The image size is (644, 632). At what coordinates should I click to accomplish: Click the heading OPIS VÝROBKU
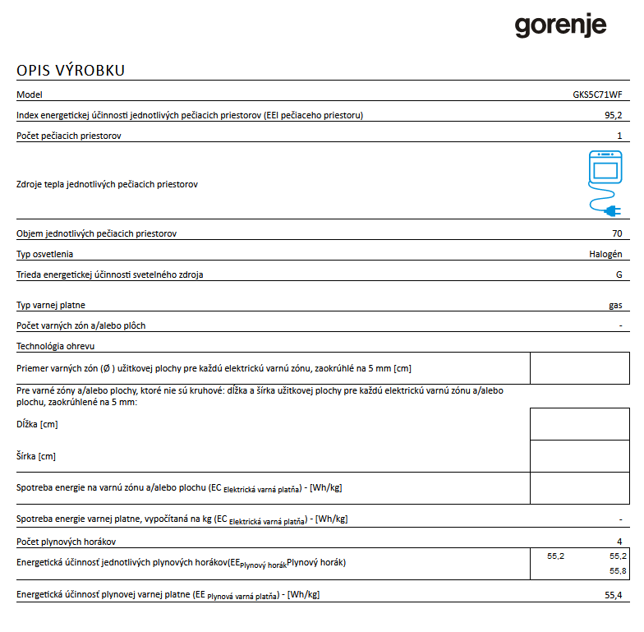click(71, 70)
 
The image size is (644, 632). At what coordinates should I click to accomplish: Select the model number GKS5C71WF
click(597, 95)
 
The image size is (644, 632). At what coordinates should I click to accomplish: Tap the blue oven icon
click(605, 168)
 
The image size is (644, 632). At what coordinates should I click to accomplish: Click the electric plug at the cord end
click(612, 211)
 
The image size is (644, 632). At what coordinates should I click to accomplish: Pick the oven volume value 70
click(617, 233)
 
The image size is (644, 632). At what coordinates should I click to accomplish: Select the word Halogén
click(605, 254)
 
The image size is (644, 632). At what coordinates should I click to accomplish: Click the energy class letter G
click(619, 274)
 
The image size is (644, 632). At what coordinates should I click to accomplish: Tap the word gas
click(615, 305)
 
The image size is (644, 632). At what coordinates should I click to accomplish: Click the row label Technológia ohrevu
click(56, 346)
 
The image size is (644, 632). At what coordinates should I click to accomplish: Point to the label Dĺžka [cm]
click(37, 424)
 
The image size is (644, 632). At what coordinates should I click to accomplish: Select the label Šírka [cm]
click(36, 455)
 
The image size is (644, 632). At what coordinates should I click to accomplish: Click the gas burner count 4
click(619, 542)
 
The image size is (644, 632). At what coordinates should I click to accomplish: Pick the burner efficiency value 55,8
click(618, 570)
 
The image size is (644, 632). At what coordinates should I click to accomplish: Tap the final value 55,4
click(614, 594)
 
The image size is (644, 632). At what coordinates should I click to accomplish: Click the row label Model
click(29, 95)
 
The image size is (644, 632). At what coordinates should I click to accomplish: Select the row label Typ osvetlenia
click(44, 254)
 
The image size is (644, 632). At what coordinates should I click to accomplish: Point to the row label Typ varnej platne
click(51, 305)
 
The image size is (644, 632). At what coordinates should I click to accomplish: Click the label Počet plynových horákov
click(67, 542)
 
